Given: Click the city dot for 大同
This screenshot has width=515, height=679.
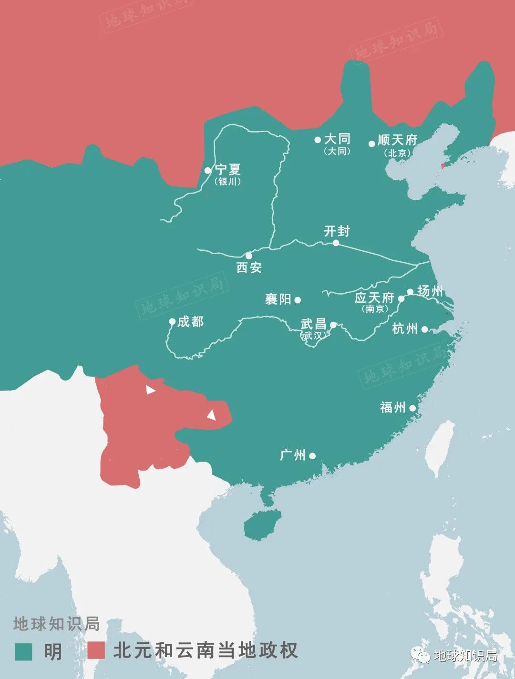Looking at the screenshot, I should [318, 140].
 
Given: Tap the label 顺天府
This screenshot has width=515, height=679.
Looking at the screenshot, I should [397, 140].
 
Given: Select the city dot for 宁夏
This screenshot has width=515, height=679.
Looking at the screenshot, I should [207, 170].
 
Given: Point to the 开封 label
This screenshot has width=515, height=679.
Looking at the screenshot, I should [337, 231].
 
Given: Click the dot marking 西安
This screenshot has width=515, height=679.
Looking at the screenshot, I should [248, 256].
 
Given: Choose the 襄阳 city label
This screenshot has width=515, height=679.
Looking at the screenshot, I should [278, 299].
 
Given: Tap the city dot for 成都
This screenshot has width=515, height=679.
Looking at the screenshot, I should [172, 322].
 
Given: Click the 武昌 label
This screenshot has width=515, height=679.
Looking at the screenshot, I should [313, 324].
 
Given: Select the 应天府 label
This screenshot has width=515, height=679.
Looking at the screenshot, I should [374, 298].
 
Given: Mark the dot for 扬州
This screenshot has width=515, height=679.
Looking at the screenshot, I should [410, 292].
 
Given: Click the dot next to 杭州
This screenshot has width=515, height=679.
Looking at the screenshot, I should [424, 329].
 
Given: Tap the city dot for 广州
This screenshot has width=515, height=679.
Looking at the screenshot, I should [312, 456].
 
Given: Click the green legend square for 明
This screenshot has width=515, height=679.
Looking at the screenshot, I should [23, 651].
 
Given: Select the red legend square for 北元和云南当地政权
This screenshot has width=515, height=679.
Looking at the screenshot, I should [96, 651].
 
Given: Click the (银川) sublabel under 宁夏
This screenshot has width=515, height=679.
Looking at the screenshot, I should [227, 182].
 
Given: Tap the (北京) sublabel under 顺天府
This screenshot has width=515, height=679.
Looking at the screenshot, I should [397, 153].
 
